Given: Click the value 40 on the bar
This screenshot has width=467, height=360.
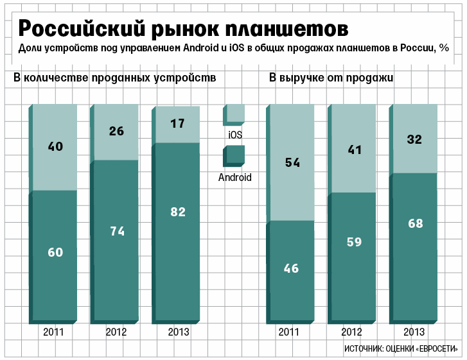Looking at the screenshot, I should (x=55, y=146).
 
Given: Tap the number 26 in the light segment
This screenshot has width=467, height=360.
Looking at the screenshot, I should (x=117, y=132).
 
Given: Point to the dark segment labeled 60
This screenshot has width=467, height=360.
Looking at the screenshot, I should (x=55, y=252).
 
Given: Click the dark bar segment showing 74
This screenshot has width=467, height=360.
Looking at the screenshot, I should (x=117, y=232).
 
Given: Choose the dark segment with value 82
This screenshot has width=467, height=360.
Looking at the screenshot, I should (x=178, y=211).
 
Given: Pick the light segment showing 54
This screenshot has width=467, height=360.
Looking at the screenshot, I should (x=292, y=162).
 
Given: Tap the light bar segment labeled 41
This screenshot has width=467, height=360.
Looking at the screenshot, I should (x=354, y=150).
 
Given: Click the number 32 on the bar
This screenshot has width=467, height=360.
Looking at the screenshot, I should (x=414, y=139).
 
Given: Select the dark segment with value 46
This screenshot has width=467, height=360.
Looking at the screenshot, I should (x=292, y=268).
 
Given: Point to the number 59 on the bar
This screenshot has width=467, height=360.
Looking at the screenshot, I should (x=354, y=242).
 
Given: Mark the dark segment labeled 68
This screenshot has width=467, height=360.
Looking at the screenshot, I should (x=414, y=224).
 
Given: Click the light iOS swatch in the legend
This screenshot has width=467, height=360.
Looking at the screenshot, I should (x=234, y=114).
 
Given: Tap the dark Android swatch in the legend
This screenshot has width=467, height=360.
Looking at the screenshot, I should (x=234, y=156).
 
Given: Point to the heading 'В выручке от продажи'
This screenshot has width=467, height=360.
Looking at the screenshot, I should (x=331, y=78).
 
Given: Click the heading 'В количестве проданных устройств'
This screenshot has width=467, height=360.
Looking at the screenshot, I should (x=114, y=78).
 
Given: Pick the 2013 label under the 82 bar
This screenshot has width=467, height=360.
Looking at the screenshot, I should (x=178, y=332).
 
